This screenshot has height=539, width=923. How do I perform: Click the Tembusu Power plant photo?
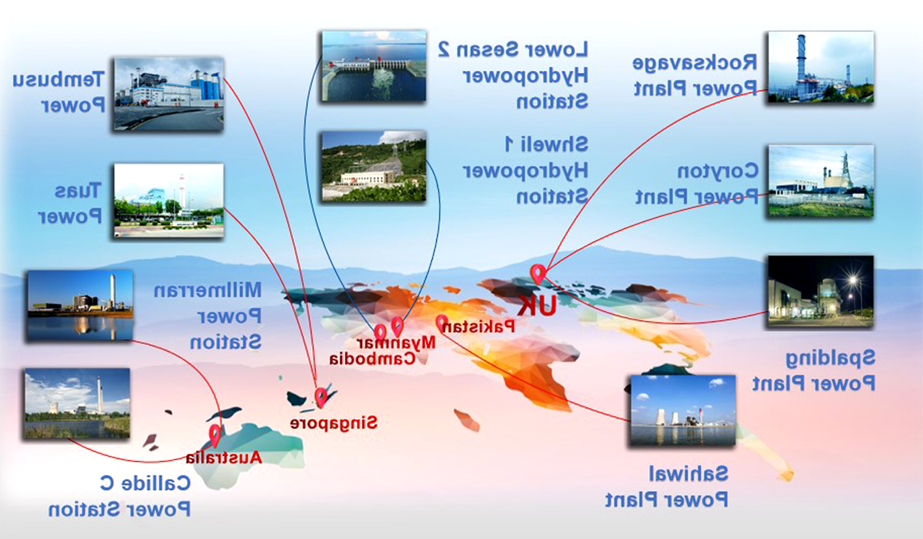point(169,94)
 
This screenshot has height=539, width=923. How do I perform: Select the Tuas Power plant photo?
point(169,201)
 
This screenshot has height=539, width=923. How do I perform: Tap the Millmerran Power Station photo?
point(80,306)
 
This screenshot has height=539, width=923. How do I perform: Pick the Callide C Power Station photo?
point(78,404)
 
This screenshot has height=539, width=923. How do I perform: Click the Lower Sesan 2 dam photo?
point(373,66)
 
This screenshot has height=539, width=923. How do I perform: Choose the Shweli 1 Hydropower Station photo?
point(373,166)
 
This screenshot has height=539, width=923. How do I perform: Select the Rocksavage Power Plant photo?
point(821,67)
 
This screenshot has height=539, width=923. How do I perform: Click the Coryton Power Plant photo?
point(821,181)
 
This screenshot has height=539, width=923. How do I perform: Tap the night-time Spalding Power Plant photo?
point(821,291)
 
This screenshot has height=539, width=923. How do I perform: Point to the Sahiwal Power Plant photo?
point(683,410)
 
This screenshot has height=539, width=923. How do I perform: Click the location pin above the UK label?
point(538,274)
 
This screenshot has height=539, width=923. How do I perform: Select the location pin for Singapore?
point(320,398)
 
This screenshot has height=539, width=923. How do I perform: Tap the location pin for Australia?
point(214,435)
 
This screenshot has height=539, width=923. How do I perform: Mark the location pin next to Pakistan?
point(442,324)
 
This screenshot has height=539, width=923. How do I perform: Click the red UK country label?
point(537,306)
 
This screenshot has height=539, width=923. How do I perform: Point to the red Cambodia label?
point(372,358)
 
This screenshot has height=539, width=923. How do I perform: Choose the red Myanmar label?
point(396,343)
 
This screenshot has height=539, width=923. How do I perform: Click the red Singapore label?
point(334,423)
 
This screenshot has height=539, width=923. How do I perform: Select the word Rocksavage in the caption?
point(694,63)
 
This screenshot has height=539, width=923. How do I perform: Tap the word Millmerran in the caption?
point(208,290)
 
